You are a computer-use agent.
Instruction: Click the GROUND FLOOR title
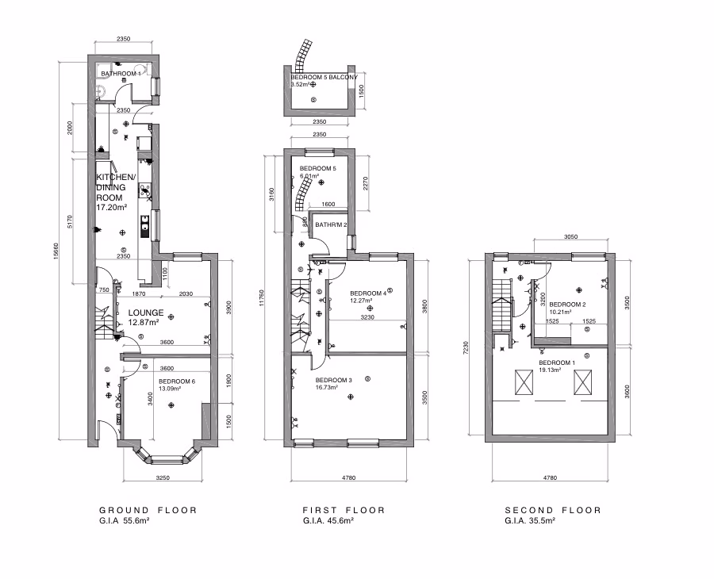point(148,510)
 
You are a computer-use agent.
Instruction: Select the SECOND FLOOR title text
point(553,510)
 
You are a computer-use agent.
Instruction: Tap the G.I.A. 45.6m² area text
point(328,521)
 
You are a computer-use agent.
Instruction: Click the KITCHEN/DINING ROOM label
point(116,186)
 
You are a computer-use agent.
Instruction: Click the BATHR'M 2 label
point(332,225)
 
